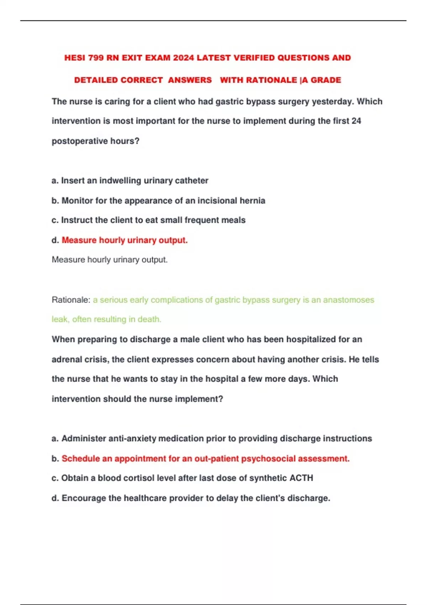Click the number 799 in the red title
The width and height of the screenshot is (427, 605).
[95, 58]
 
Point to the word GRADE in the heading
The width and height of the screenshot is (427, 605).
[326, 80]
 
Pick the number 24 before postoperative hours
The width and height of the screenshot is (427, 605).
[356, 121]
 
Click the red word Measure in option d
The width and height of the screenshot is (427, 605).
[79, 240]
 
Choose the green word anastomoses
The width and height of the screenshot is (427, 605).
[348, 300]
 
